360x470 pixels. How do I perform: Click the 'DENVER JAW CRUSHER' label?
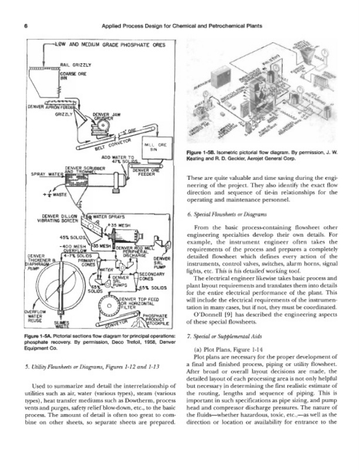click(106, 116)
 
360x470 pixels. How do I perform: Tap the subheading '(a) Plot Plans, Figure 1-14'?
click(230, 351)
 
